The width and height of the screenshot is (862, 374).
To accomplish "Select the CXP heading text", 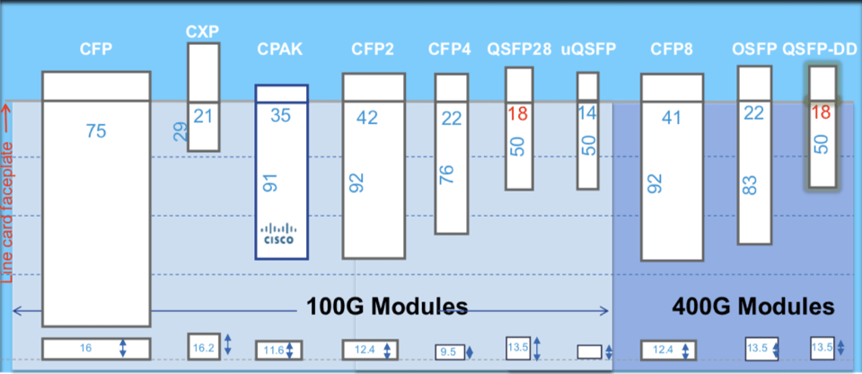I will point(202,31).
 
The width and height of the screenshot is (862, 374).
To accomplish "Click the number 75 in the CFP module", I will point(96,131).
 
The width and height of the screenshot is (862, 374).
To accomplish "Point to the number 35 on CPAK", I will point(281,115).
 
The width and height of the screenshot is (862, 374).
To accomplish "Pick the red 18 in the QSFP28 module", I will point(517,113).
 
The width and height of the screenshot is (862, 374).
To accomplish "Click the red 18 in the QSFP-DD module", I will point(821,113).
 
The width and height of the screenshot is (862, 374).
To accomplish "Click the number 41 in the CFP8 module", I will point(671,117).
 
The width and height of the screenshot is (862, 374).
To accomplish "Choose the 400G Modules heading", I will point(753,307).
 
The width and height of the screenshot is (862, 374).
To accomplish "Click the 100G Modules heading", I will point(387,307).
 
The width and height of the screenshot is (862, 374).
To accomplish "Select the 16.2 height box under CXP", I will point(203,345).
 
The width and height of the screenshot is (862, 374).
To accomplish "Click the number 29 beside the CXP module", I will point(180,133).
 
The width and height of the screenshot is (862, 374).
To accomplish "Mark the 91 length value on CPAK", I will point(269,182).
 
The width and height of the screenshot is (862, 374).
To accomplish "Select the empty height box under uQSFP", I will point(589,352).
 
